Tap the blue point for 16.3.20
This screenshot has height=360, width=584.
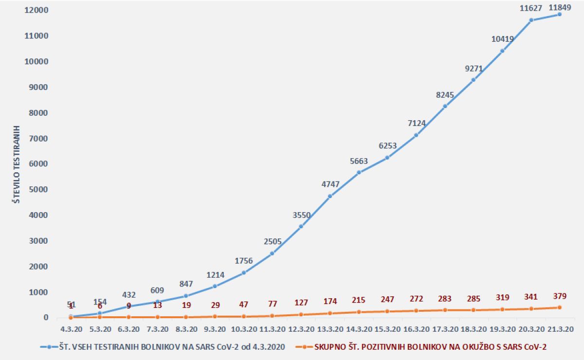point(416,135)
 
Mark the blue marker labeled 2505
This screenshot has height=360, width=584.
point(272,253)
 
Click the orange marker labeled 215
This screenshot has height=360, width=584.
point(359,312)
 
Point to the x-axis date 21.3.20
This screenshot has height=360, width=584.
point(560,328)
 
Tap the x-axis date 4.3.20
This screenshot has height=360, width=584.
point(71,328)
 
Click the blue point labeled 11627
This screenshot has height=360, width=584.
point(531,20)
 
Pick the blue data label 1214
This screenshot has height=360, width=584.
point(215,275)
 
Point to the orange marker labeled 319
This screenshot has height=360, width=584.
point(502,309)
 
